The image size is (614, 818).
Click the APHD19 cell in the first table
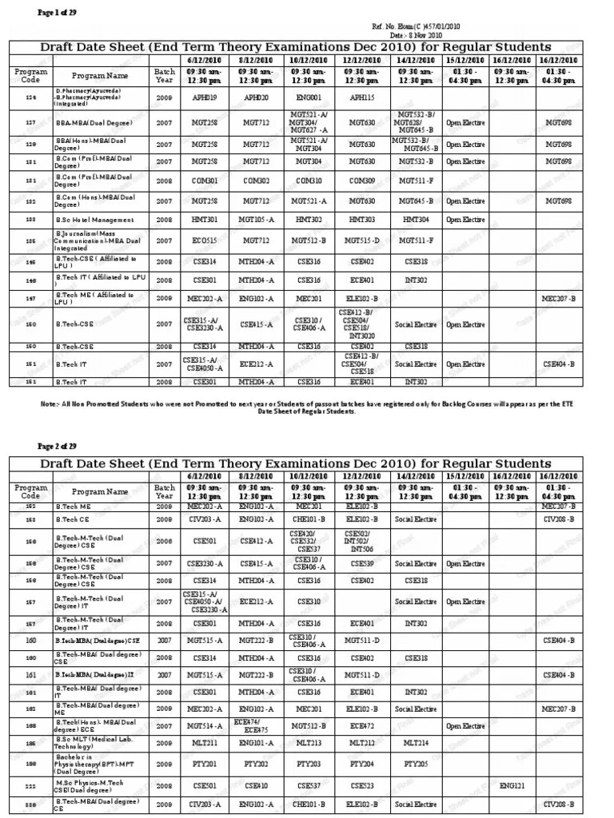click(x=199, y=97)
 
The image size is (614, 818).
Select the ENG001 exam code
click(x=308, y=97)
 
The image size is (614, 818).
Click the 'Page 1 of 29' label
click(x=58, y=11)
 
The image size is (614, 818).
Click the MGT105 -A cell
click(x=257, y=220)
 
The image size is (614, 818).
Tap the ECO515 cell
click(x=199, y=239)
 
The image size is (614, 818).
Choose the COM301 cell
click(x=199, y=181)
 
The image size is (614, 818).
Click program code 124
click(x=30, y=97)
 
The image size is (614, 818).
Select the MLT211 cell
click(x=199, y=742)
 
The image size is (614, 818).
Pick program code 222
click(x=30, y=785)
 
